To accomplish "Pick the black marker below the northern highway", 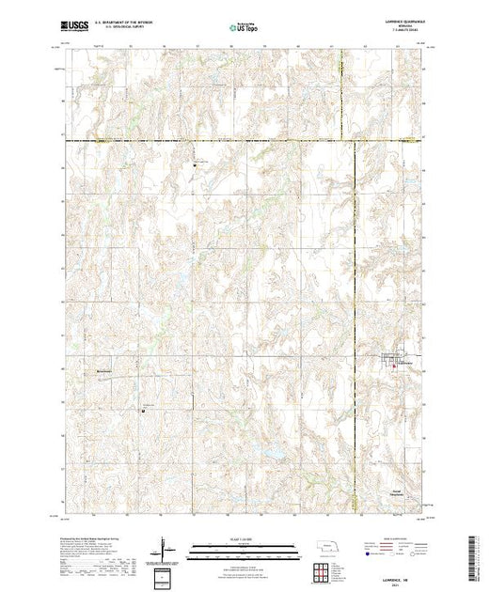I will pyautogui.click(x=196, y=164).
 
